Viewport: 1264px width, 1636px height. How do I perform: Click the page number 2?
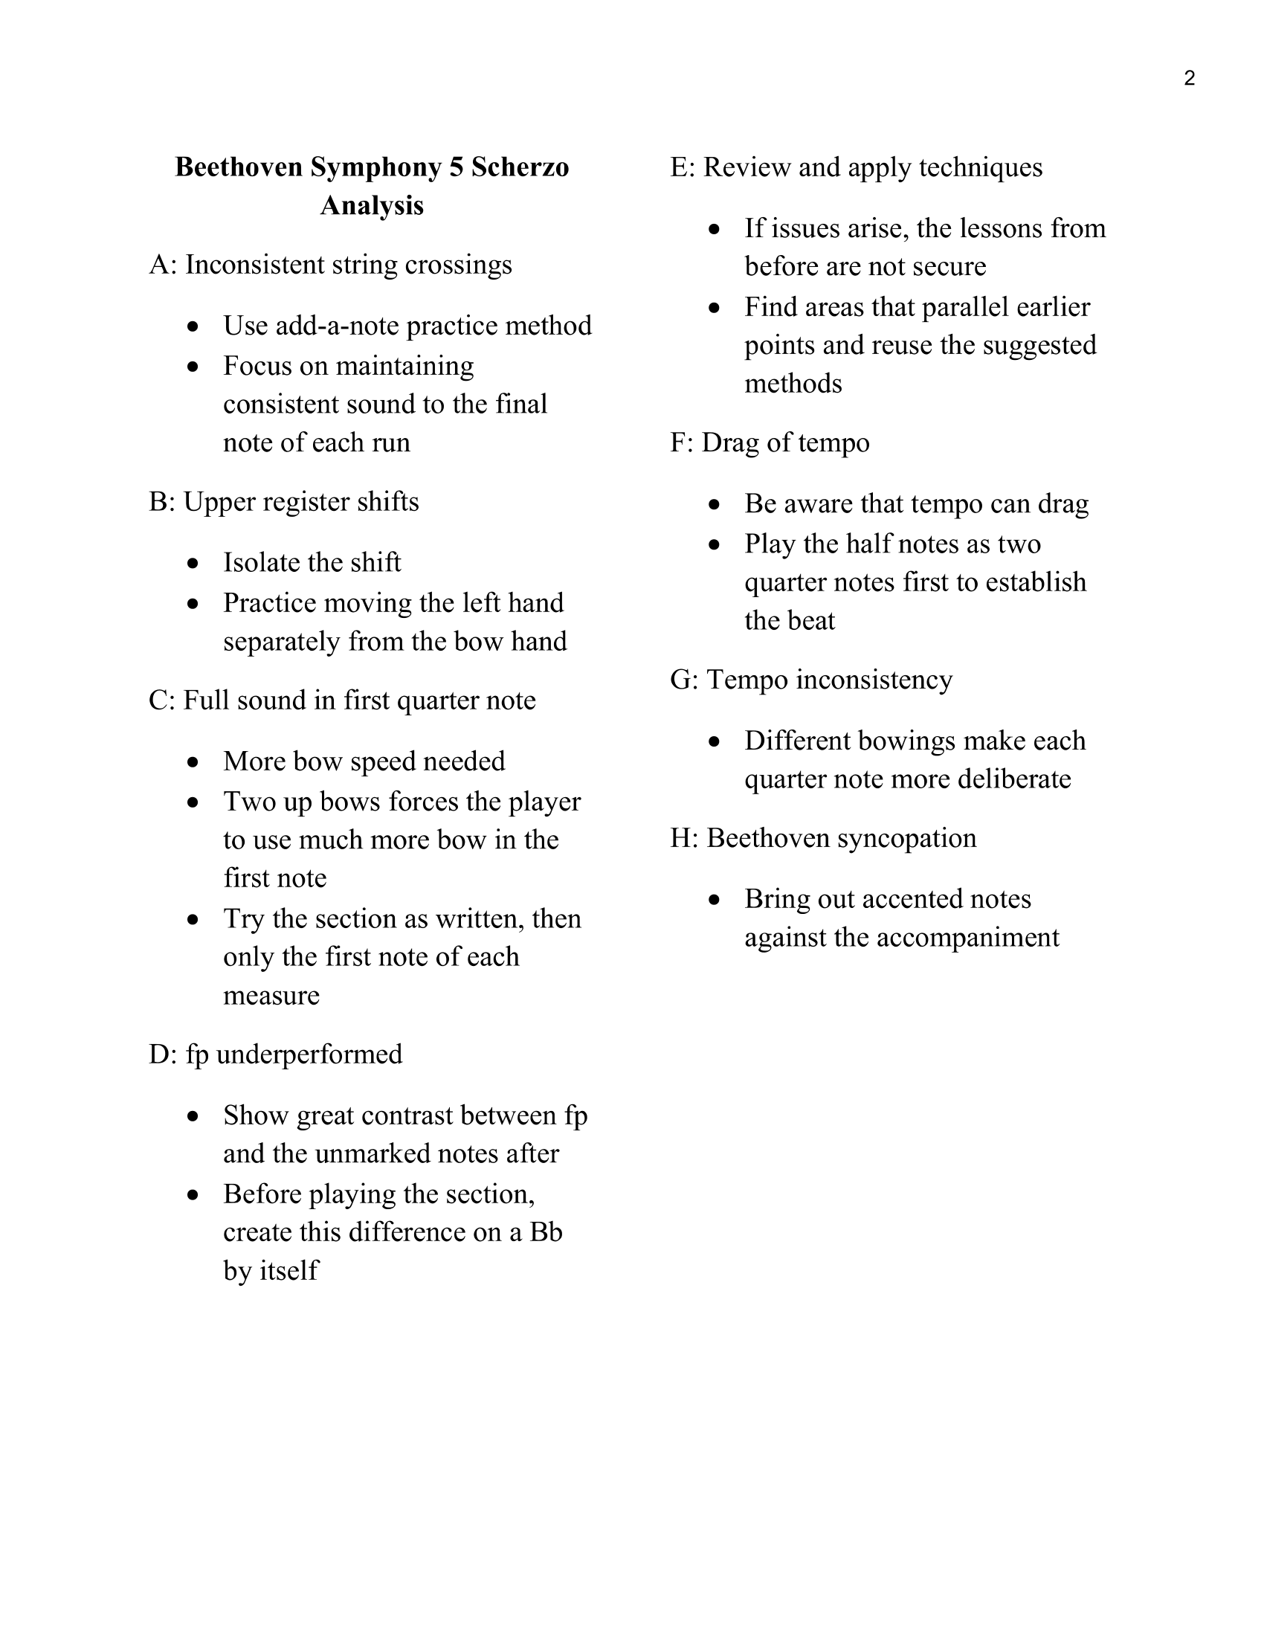tap(1189, 78)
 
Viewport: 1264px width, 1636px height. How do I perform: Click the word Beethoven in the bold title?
tap(239, 167)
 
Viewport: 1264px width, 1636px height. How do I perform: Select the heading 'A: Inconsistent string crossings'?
tap(330, 265)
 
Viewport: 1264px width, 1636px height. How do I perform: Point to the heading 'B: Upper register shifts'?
tap(283, 501)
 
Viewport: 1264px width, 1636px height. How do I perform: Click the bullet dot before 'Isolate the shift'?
tap(194, 563)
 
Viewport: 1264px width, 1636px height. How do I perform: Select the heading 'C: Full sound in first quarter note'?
tap(342, 700)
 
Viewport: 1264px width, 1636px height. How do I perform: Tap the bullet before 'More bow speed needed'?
tap(194, 761)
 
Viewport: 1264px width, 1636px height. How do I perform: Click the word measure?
tap(271, 995)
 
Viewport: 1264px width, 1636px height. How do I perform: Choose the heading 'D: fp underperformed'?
tap(275, 1054)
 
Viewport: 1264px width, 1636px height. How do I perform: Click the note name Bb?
tap(546, 1231)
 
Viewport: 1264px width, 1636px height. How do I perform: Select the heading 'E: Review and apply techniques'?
tap(856, 167)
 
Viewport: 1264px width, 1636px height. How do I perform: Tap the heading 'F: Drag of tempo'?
tap(770, 442)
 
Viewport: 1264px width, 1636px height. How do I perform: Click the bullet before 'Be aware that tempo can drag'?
tap(715, 504)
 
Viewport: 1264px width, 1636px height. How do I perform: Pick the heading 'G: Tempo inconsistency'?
tap(811, 680)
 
